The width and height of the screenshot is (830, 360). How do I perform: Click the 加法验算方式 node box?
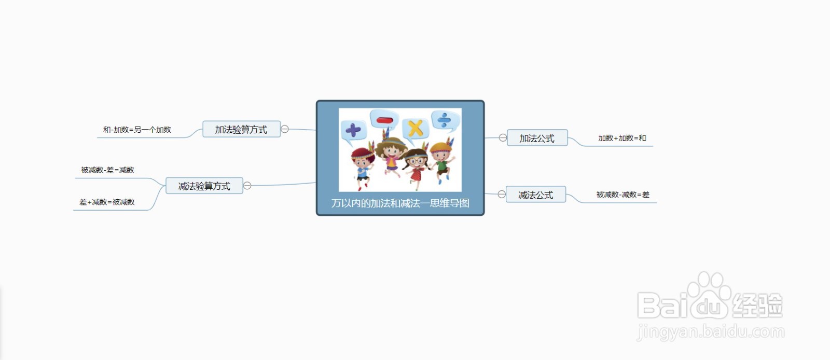pos(241,129)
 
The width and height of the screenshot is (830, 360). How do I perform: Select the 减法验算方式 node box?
pos(204,186)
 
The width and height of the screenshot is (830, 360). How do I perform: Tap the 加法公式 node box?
pos(537,138)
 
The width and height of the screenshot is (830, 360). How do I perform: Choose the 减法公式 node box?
pos(536,195)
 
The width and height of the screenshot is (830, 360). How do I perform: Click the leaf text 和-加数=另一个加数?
pos(137,130)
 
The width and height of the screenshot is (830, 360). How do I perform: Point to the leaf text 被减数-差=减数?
pos(107,170)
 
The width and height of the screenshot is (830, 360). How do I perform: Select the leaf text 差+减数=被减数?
pos(107,202)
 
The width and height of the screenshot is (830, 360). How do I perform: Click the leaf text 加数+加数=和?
pos(622,138)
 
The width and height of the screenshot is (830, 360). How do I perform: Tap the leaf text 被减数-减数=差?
pos(623,195)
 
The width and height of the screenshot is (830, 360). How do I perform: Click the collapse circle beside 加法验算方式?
pos(285,129)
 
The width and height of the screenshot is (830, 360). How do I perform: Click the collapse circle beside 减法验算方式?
pos(247,186)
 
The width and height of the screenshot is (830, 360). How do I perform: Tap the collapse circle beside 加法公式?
pos(503,138)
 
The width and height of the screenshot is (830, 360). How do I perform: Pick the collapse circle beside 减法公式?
pos(502,194)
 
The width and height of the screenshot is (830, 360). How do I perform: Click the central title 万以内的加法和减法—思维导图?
pos(400,203)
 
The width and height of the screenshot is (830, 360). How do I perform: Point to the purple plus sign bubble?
pos(353,131)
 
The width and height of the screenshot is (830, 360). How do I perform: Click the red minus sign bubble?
pos(384,120)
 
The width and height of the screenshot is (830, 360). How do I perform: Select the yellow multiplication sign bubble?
pos(416,129)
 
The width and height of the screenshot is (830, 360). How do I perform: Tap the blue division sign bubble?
pos(446,120)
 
